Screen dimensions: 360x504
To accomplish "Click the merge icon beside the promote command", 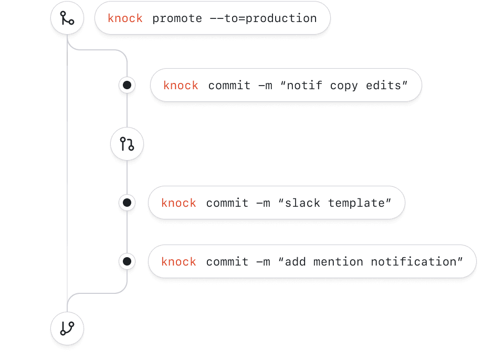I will point(67,18).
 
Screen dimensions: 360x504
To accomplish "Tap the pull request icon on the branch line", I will point(127,144).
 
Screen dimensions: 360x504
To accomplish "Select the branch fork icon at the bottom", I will point(67,329).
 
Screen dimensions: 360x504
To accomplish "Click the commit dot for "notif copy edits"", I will point(127,85).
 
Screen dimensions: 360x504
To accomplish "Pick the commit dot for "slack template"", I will point(127,203).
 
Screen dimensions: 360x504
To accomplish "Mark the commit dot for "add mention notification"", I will point(127,261).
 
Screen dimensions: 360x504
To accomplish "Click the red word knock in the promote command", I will point(125,18).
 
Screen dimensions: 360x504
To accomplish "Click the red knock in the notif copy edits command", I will point(181,86).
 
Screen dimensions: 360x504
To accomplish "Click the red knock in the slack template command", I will point(178,203).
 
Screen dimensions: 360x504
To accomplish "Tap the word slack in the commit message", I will point(303,203).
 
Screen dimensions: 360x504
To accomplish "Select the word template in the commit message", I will point(357,203).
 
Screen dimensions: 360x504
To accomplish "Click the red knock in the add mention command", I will point(178,262).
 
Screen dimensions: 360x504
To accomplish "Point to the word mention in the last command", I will point(338,262).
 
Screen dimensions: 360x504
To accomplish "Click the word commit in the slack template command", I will point(227,203).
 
